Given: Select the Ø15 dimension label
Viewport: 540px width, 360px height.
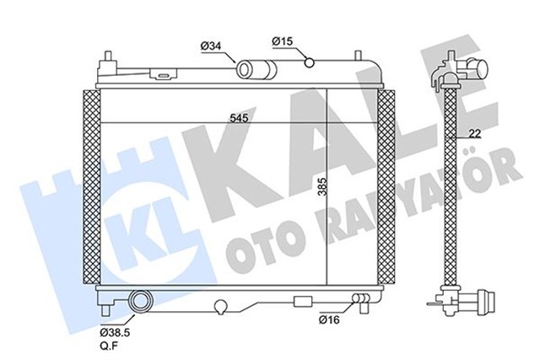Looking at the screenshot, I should (282, 40).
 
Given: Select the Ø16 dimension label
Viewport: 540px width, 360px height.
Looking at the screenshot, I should (330, 320).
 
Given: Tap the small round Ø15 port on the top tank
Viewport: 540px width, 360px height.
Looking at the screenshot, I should (310, 60).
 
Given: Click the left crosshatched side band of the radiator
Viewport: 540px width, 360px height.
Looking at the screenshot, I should (89, 185).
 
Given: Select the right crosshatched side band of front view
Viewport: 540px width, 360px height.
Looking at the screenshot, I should (387, 185).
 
